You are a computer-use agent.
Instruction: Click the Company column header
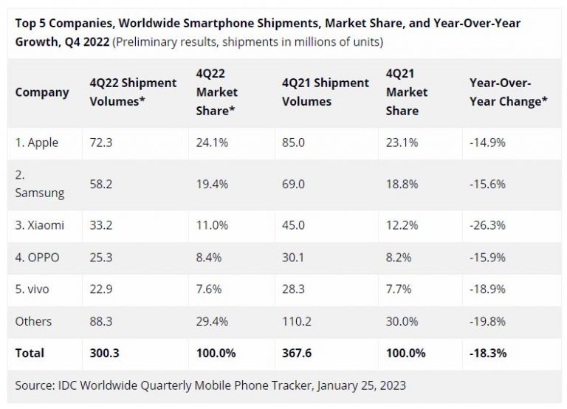click(42, 92)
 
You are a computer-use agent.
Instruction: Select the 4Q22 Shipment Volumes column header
click(133, 92)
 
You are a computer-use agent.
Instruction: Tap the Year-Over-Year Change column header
click(508, 92)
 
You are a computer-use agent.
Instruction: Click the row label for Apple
click(37, 142)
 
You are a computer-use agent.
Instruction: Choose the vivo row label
click(32, 289)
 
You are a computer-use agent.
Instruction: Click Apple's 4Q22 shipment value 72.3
click(100, 142)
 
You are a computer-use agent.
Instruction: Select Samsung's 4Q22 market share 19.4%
click(211, 184)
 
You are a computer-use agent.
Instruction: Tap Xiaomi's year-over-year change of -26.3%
click(487, 225)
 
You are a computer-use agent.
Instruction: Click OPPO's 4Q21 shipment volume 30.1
click(293, 257)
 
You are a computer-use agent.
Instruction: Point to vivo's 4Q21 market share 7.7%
click(401, 289)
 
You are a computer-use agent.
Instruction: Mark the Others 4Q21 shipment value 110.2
click(297, 321)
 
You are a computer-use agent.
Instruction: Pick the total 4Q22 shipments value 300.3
click(104, 353)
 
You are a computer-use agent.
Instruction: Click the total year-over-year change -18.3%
click(488, 353)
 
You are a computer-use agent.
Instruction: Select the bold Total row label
click(30, 353)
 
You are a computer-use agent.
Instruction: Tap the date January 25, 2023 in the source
click(354, 385)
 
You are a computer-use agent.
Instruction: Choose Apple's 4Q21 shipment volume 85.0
click(293, 142)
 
